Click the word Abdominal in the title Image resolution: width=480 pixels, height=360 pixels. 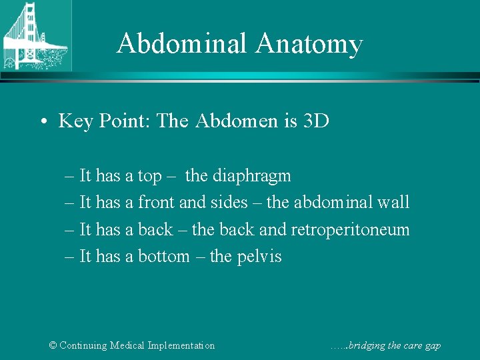[x=181, y=44]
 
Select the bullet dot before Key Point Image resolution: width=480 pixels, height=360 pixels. [x=42, y=121]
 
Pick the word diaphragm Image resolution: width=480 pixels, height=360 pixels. [x=238, y=177]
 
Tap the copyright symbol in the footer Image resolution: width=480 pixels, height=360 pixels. [x=53, y=345]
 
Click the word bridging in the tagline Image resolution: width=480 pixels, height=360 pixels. [x=366, y=345]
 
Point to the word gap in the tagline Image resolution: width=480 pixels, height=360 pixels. [x=432, y=346]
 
